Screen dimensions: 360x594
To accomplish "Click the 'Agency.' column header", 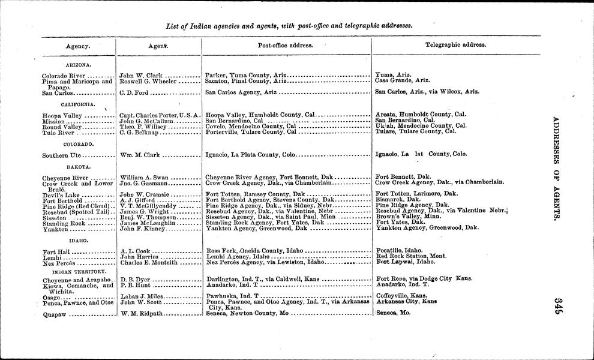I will (78, 46).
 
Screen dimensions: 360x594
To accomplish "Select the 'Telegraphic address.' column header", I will (455, 45).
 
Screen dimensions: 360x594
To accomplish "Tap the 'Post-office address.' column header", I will (285, 46).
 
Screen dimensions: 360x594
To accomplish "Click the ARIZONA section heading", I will (78, 65).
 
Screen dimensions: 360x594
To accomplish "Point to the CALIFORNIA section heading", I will (79, 104).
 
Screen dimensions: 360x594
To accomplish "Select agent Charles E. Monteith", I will (150, 262).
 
